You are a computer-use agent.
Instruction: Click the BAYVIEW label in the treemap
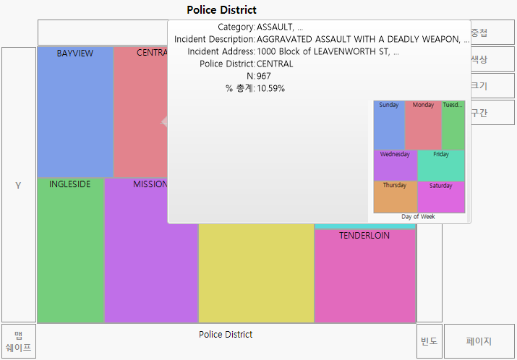click(74, 53)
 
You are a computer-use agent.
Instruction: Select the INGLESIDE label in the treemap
click(70, 184)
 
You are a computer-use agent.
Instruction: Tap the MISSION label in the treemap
click(150, 184)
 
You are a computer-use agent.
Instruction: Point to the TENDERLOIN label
click(364, 236)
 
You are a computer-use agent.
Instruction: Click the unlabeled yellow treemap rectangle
click(256, 273)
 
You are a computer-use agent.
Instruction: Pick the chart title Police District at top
click(221, 10)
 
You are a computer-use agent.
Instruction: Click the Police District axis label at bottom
click(226, 335)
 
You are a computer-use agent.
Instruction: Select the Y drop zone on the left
click(19, 186)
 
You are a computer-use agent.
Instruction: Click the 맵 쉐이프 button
click(19, 341)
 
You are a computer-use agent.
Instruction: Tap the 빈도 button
click(430, 341)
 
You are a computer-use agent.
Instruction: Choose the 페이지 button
click(479, 341)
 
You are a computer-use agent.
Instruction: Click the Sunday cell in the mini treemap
click(389, 125)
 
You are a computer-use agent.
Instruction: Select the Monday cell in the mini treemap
click(423, 125)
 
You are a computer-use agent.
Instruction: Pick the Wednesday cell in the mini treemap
click(395, 165)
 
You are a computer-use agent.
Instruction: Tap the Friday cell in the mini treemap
click(441, 165)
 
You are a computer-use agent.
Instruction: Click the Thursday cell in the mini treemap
click(395, 197)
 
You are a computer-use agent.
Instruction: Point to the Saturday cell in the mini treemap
click(441, 197)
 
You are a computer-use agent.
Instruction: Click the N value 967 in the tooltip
click(264, 76)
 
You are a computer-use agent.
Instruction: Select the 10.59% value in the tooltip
click(270, 88)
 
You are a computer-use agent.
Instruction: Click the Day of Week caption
click(419, 217)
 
